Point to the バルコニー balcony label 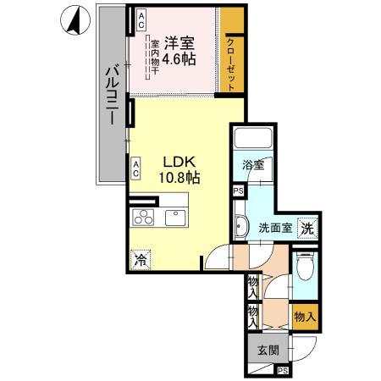click(111, 96)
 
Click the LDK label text click(177, 160)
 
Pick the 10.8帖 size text click(178, 178)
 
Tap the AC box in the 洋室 click(141, 19)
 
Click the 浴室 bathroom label click(252, 165)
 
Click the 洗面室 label click(275, 227)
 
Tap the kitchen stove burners click(143, 217)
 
